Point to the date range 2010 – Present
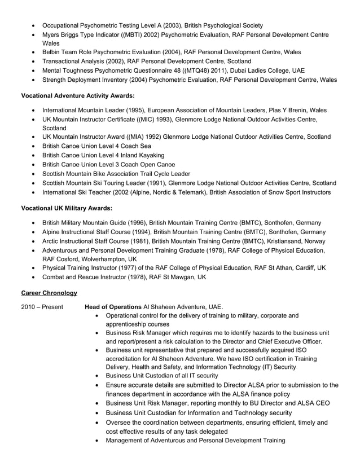click(42, 307)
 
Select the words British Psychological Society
click(219, 25)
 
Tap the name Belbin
click(53, 52)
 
